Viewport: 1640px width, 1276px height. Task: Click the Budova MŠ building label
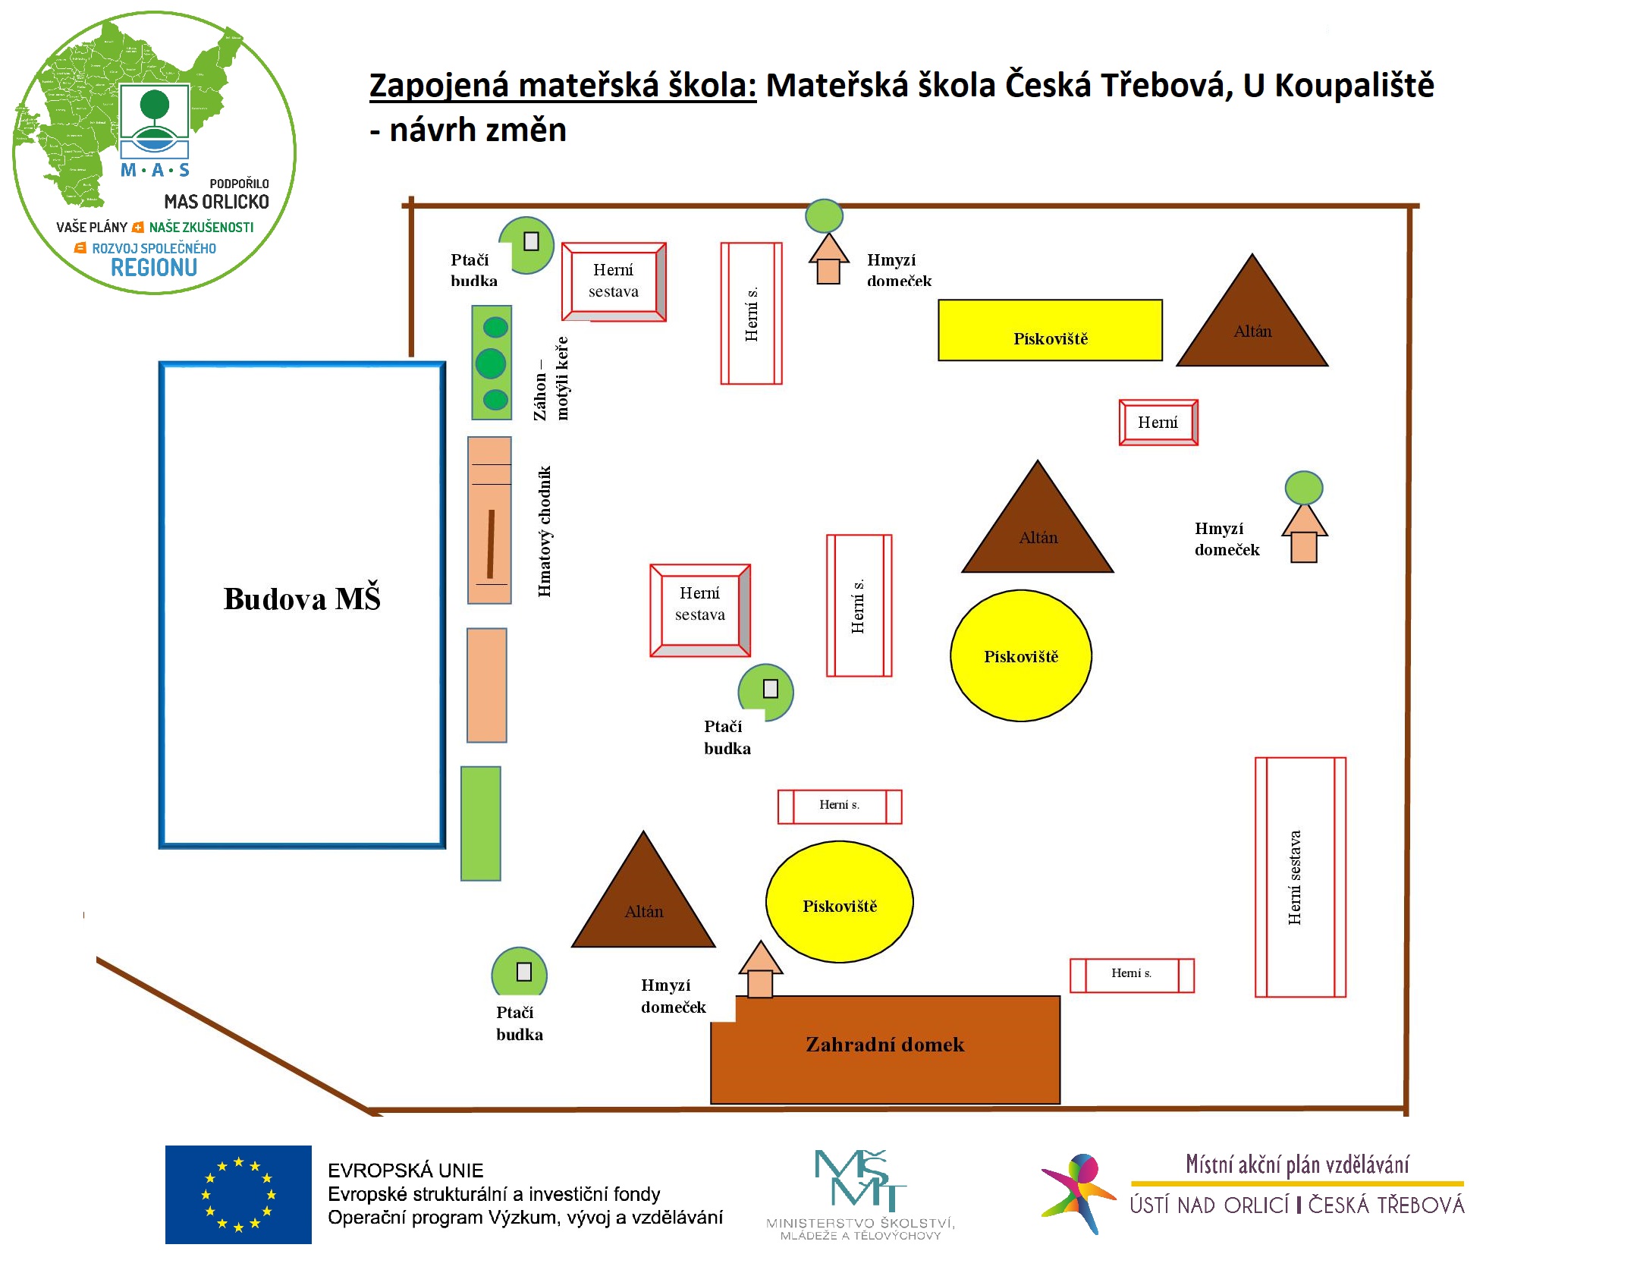(302, 599)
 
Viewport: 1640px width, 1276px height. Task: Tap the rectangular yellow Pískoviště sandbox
(1050, 331)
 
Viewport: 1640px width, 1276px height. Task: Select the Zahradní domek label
(884, 1045)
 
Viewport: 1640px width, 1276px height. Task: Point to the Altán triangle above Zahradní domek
(643, 903)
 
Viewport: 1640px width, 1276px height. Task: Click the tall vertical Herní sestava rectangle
(1300, 877)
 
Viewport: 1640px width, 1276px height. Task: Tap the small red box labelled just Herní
(1158, 423)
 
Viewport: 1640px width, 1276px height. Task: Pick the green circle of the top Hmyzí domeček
(824, 216)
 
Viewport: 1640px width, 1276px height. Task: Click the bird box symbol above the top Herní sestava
(529, 244)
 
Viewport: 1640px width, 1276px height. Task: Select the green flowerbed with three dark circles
(492, 363)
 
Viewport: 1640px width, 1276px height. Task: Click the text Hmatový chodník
(545, 531)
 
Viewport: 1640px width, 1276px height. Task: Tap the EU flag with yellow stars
(238, 1194)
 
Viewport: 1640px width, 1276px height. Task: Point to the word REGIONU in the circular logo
(154, 268)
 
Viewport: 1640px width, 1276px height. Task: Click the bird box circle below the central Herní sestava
(766, 691)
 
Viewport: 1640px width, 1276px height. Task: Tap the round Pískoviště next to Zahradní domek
(839, 902)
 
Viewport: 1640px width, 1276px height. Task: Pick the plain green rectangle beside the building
(481, 824)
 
